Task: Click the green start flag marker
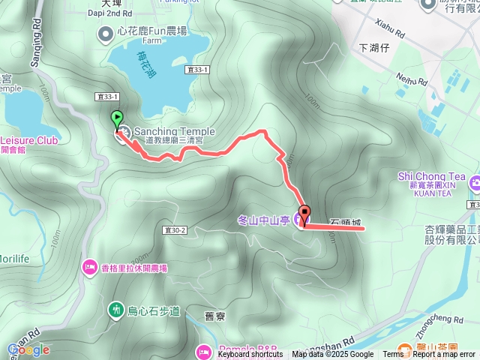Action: point(117,118)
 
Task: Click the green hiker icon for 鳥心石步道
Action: point(115,308)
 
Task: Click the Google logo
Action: point(28,349)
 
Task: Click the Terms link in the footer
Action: point(393,355)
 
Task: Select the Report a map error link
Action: point(443,355)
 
